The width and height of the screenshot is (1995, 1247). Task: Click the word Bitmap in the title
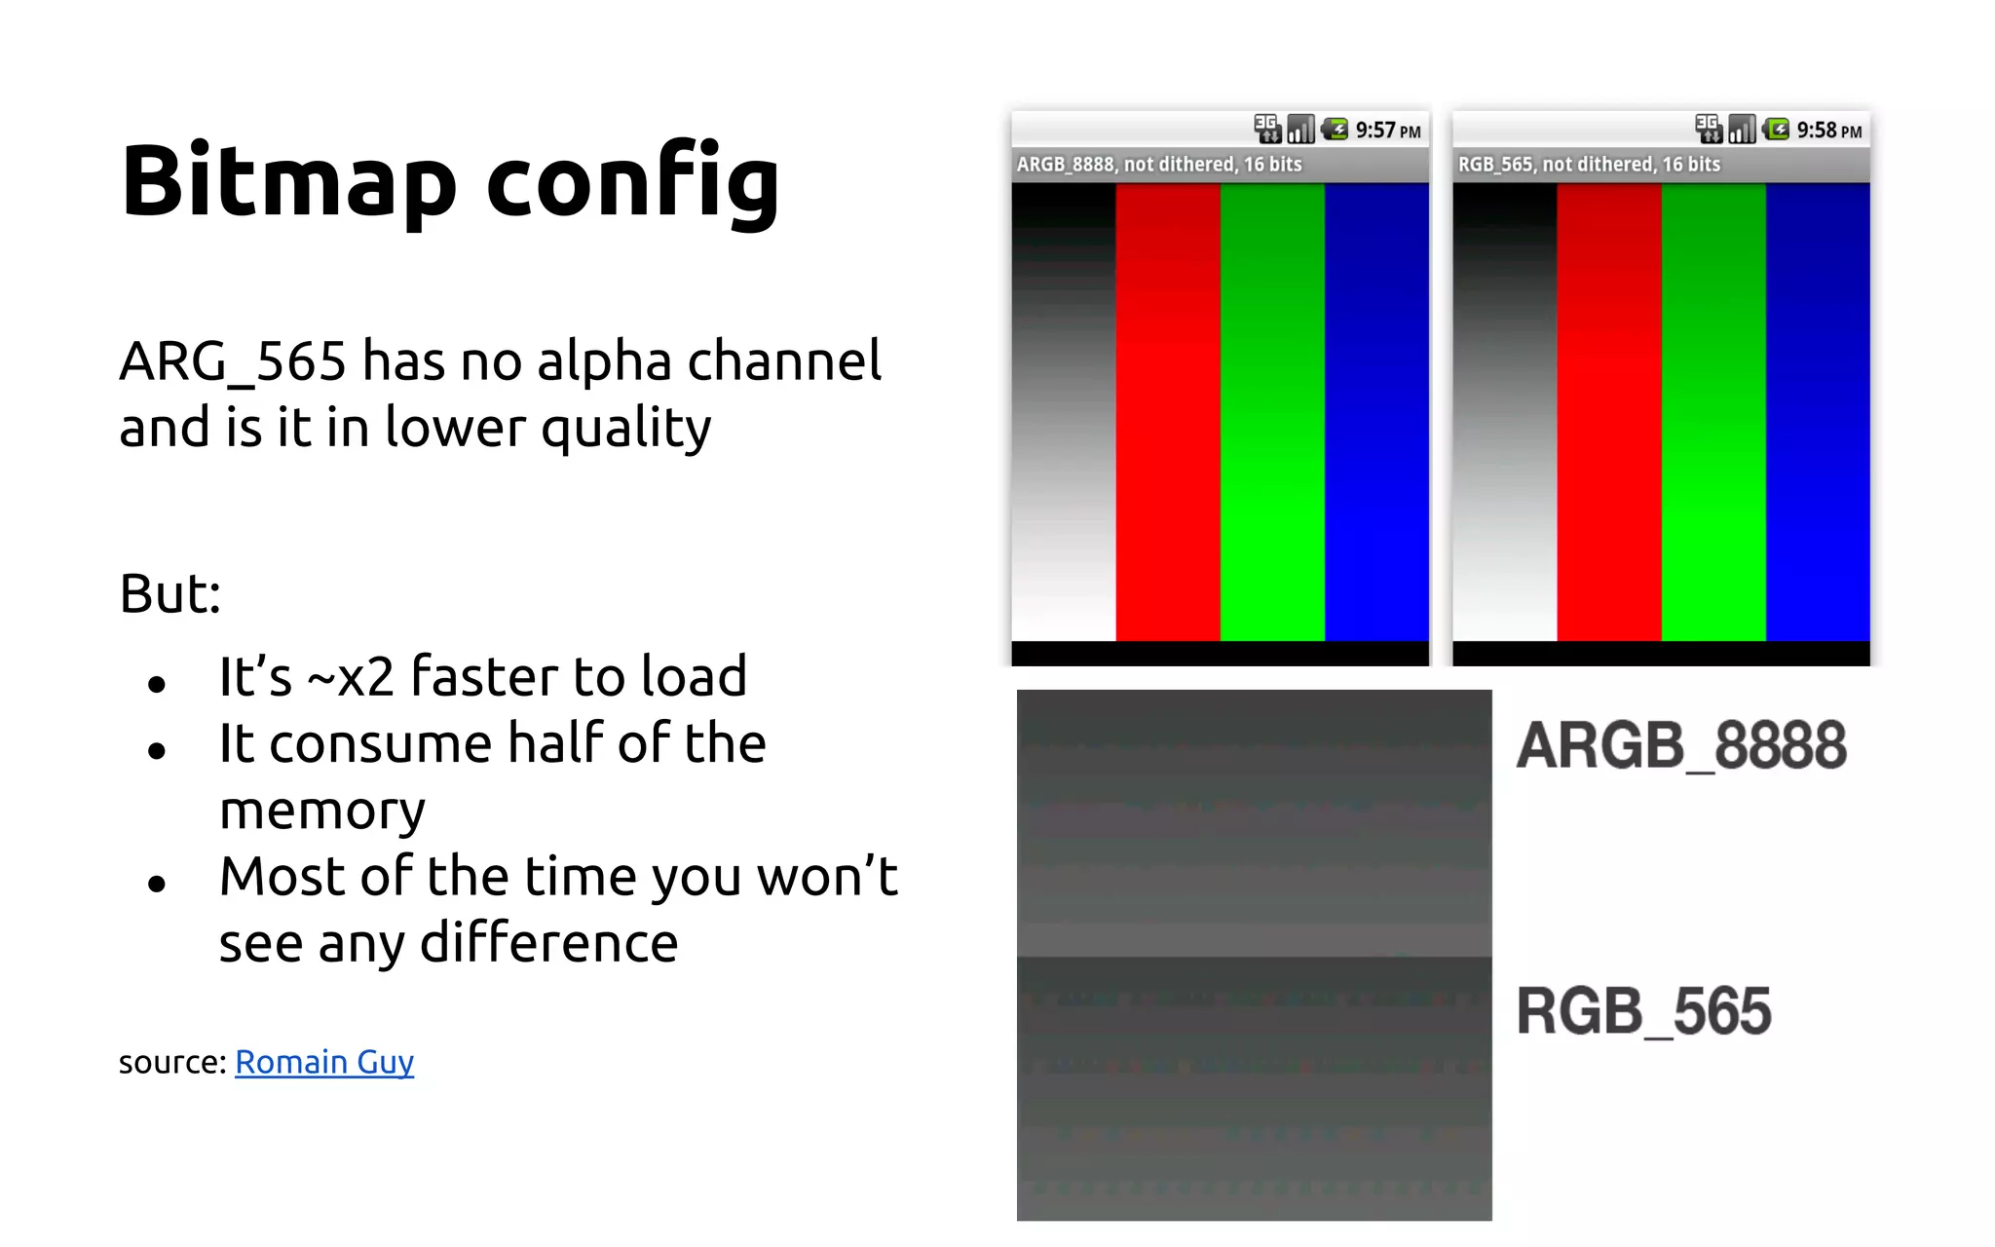(x=288, y=181)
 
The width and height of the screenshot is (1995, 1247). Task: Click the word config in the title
(x=632, y=181)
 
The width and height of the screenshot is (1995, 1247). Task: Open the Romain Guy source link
(x=324, y=1062)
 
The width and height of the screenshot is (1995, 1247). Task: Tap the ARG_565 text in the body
(x=232, y=361)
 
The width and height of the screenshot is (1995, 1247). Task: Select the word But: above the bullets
(x=170, y=593)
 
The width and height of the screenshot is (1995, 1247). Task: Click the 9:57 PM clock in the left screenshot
(x=1387, y=131)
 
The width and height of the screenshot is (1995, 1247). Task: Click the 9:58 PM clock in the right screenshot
(x=1828, y=131)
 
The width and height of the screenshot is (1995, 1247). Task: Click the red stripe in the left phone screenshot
(x=1167, y=409)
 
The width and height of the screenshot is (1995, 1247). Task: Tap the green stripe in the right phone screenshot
(x=1713, y=409)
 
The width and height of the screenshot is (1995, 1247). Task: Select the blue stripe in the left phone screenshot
(x=1376, y=409)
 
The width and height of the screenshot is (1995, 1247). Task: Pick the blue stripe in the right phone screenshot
(x=1818, y=409)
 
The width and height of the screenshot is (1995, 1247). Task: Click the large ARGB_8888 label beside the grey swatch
(x=1681, y=745)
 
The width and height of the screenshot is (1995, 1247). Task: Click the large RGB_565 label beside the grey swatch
(x=1643, y=1011)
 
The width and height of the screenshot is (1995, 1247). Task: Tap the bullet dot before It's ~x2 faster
(x=157, y=685)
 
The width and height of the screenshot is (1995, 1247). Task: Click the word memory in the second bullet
(x=322, y=810)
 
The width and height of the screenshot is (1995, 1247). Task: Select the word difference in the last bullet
(x=548, y=943)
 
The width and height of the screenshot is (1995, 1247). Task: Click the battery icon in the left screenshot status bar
(x=1335, y=129)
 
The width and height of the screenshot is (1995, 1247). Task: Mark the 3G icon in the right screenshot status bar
(x=1708, y=128)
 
